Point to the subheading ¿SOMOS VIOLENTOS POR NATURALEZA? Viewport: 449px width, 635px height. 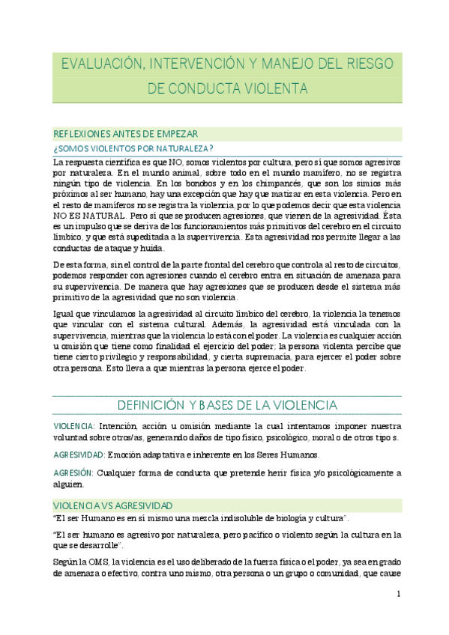tap(133, 148)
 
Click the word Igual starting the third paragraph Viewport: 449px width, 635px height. tap(65, 314)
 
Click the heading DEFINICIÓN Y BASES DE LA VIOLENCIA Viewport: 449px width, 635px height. tap(227, 406)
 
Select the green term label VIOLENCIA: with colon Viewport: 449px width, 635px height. tap(73, 426)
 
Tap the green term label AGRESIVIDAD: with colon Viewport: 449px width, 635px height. tap(79, 455)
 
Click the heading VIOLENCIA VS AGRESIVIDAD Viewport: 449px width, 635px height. tap(113, 505)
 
